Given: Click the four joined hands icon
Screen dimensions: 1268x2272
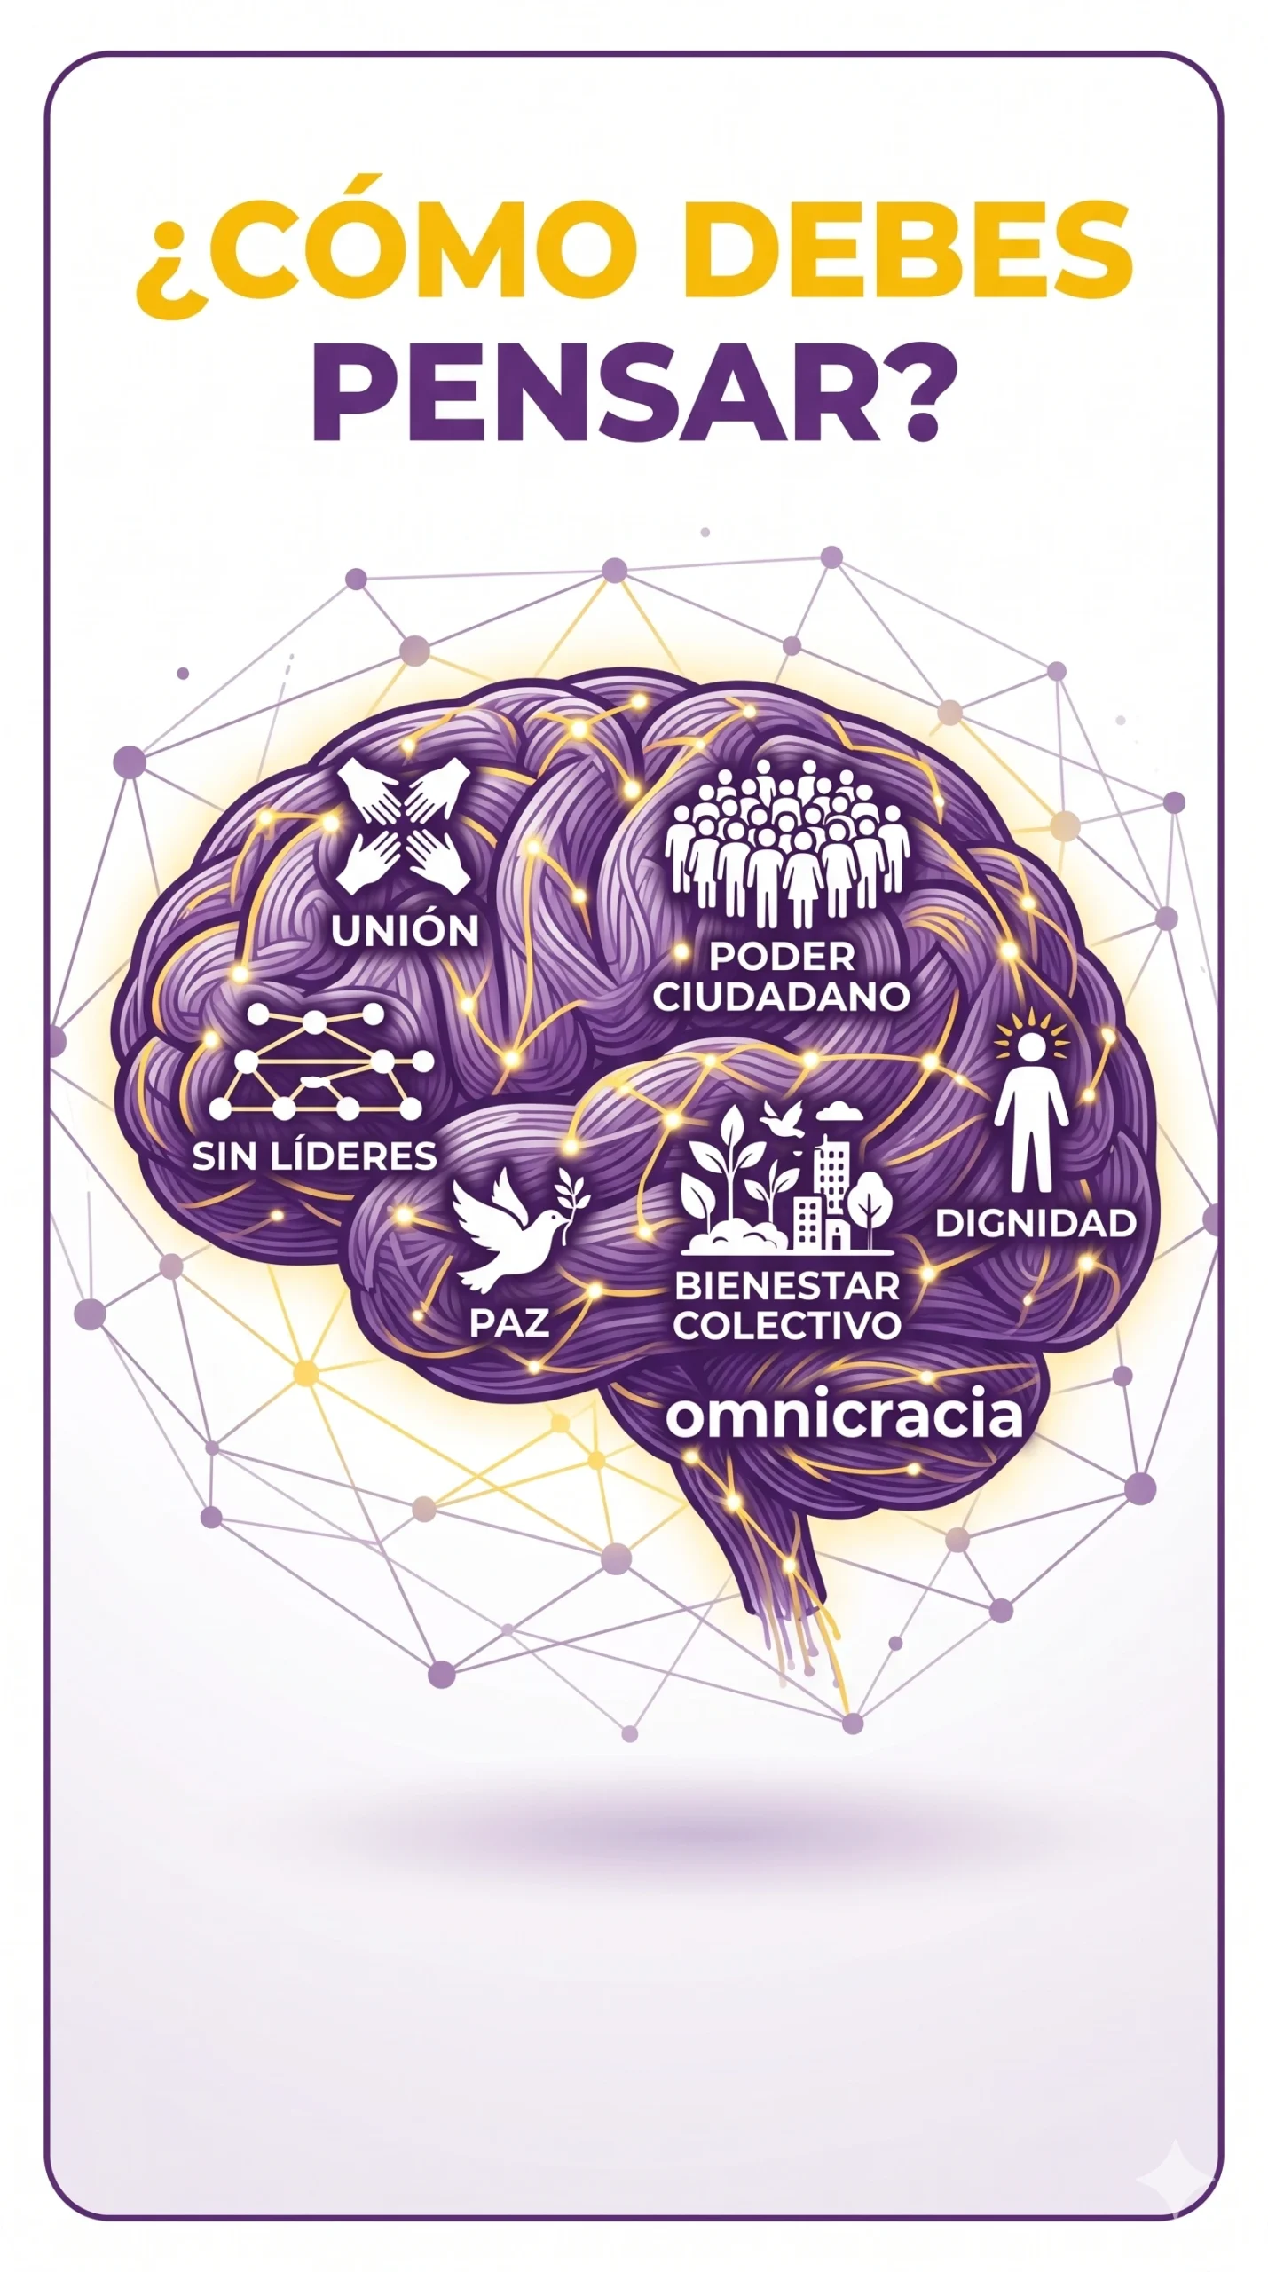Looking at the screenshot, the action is (x=404, y=826).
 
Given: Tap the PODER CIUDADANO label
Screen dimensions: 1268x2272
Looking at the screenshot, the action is (x=782, y=975).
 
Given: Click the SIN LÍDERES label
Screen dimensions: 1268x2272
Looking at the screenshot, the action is (x=315, y=1156).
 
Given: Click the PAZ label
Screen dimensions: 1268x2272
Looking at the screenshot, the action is (x=508, y=1322).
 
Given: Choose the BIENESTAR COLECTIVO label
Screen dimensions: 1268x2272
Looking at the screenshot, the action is (x=787, y=1306).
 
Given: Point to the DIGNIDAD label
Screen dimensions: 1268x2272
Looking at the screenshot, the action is (x=1036, y=1223).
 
